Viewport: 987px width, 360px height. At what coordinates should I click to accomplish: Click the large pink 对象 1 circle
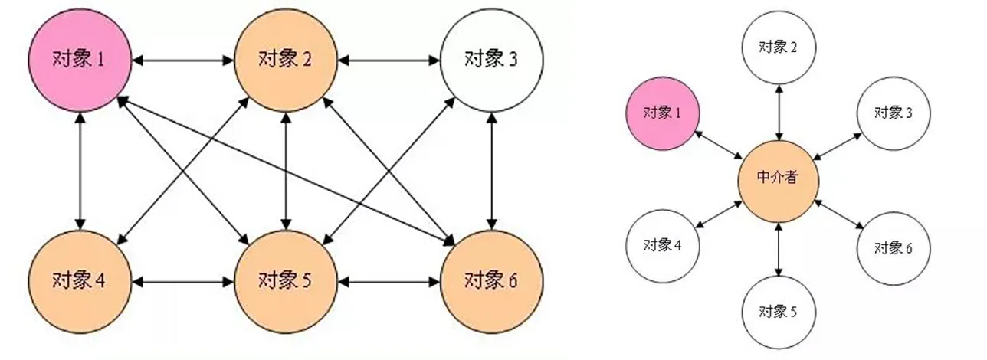coord(79,59)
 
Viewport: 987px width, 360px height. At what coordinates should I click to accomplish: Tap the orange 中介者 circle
coord(778,177)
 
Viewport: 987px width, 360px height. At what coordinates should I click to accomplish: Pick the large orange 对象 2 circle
coord(285,59)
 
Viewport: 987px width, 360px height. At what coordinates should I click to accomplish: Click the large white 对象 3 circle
coord(491,59)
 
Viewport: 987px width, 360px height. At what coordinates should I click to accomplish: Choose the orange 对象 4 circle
coord(79,281)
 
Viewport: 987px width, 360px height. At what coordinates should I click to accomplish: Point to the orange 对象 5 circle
coord(285,281)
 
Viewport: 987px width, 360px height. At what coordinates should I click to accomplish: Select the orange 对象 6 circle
coord(491,281)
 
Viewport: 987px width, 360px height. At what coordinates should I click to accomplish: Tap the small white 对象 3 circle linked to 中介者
coord(894,113)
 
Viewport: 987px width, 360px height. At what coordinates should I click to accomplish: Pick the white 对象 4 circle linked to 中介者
coord(663,246)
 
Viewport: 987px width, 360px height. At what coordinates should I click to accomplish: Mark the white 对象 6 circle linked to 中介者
coord(894,248)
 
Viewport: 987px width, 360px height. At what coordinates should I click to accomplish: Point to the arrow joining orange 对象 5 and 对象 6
coord(389,281)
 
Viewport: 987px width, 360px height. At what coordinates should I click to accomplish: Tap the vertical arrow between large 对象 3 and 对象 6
coord(491,170)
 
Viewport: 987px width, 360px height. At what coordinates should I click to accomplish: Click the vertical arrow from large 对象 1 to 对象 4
coord(79,170)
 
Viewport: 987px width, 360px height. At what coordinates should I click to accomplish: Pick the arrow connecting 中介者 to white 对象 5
coord(779,247)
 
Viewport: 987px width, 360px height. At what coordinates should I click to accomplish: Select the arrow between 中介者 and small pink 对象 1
coord(717,144)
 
